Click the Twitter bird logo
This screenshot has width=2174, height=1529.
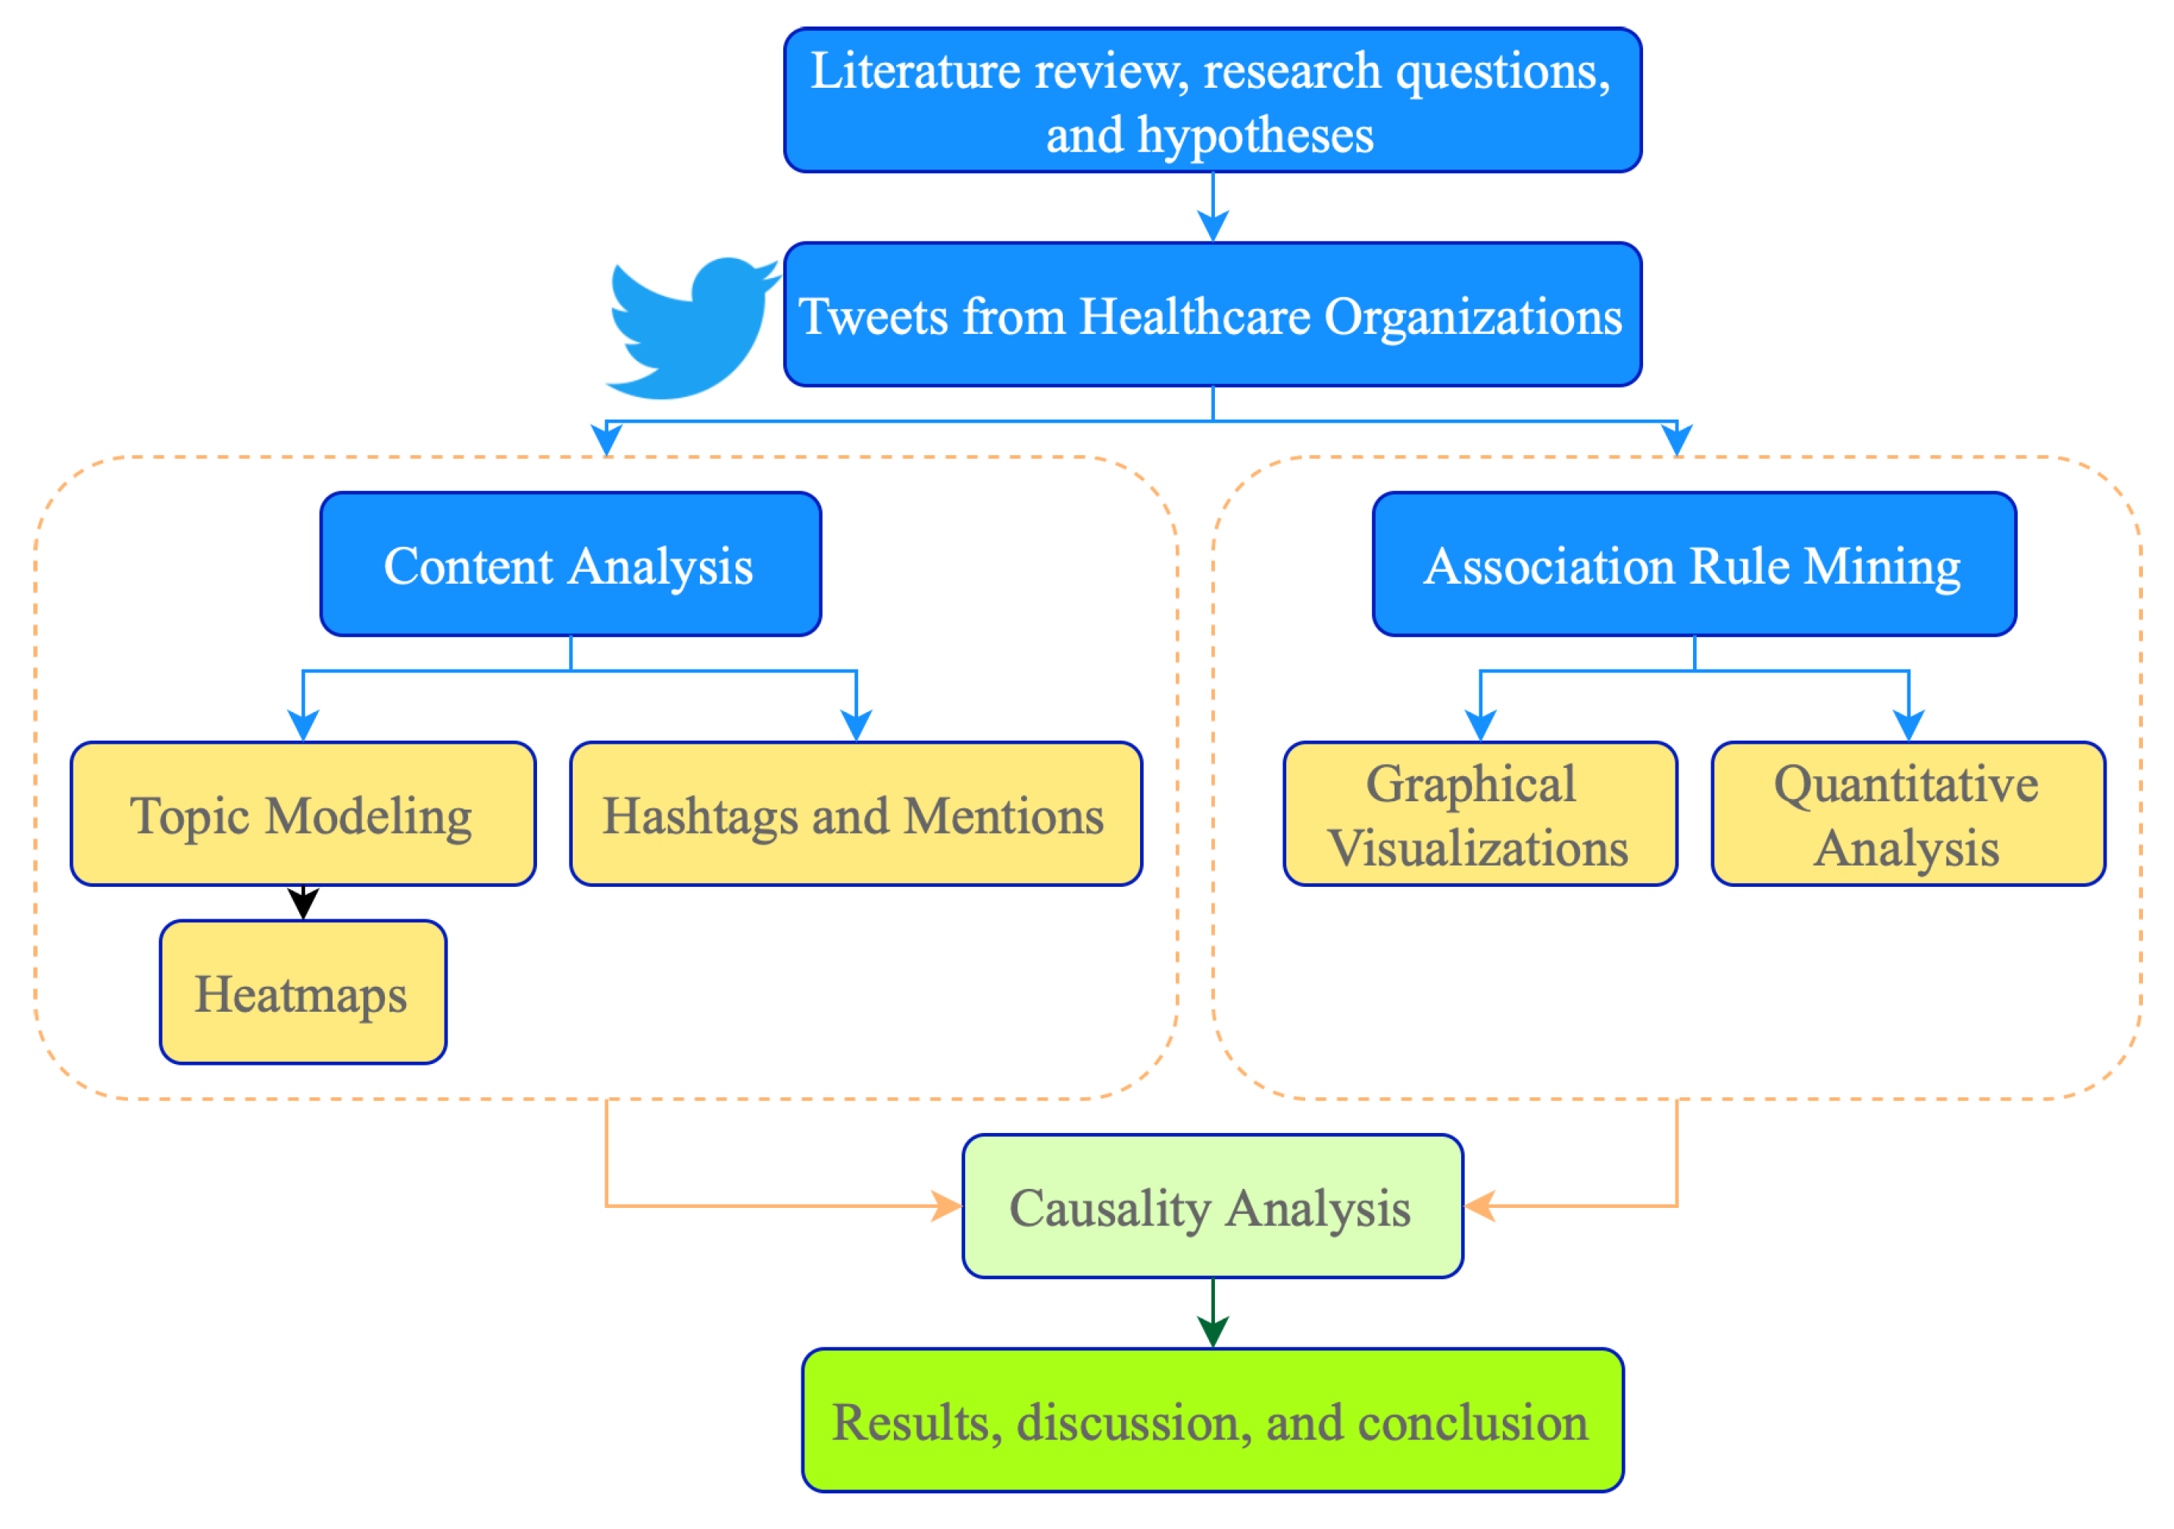pos(689,326)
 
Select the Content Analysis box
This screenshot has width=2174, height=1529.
pos(570,565)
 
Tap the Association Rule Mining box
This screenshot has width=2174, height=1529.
pos(1694,565)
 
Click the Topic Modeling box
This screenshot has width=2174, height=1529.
pos(303,815)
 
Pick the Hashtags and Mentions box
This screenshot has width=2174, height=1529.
pos(856,815)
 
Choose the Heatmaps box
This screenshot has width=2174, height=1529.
pos(303,993)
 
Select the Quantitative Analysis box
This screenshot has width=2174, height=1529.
pos(1908,815)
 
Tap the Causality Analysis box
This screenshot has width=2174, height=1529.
pos(1212,1207)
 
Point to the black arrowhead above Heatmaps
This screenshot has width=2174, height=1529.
pos(303,903)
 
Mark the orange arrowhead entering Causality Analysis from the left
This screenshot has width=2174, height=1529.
pos(947,1207)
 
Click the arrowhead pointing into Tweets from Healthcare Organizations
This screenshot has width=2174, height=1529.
pos(1213,226)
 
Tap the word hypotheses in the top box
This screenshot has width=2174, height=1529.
pos(1256,135)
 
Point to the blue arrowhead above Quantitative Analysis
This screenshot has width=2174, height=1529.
pos(1908,725)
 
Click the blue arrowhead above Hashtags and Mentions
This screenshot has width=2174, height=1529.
pos(856,725)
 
